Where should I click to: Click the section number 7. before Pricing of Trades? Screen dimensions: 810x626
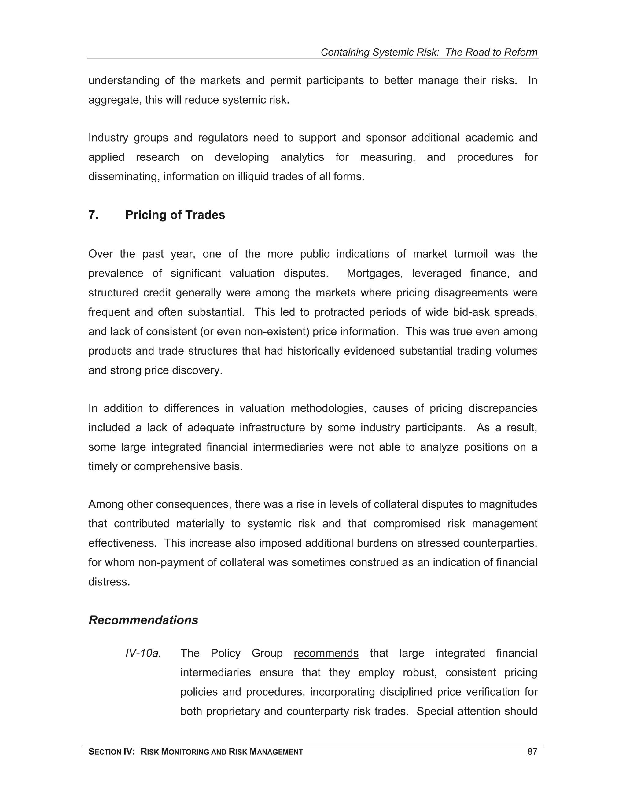(93, 215)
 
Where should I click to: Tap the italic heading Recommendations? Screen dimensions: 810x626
(143, 620)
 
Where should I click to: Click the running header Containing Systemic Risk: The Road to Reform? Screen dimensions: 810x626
(429, 52)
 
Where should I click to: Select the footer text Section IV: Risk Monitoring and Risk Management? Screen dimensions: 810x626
(195, 752)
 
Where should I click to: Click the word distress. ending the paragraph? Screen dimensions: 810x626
(109, 582)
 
